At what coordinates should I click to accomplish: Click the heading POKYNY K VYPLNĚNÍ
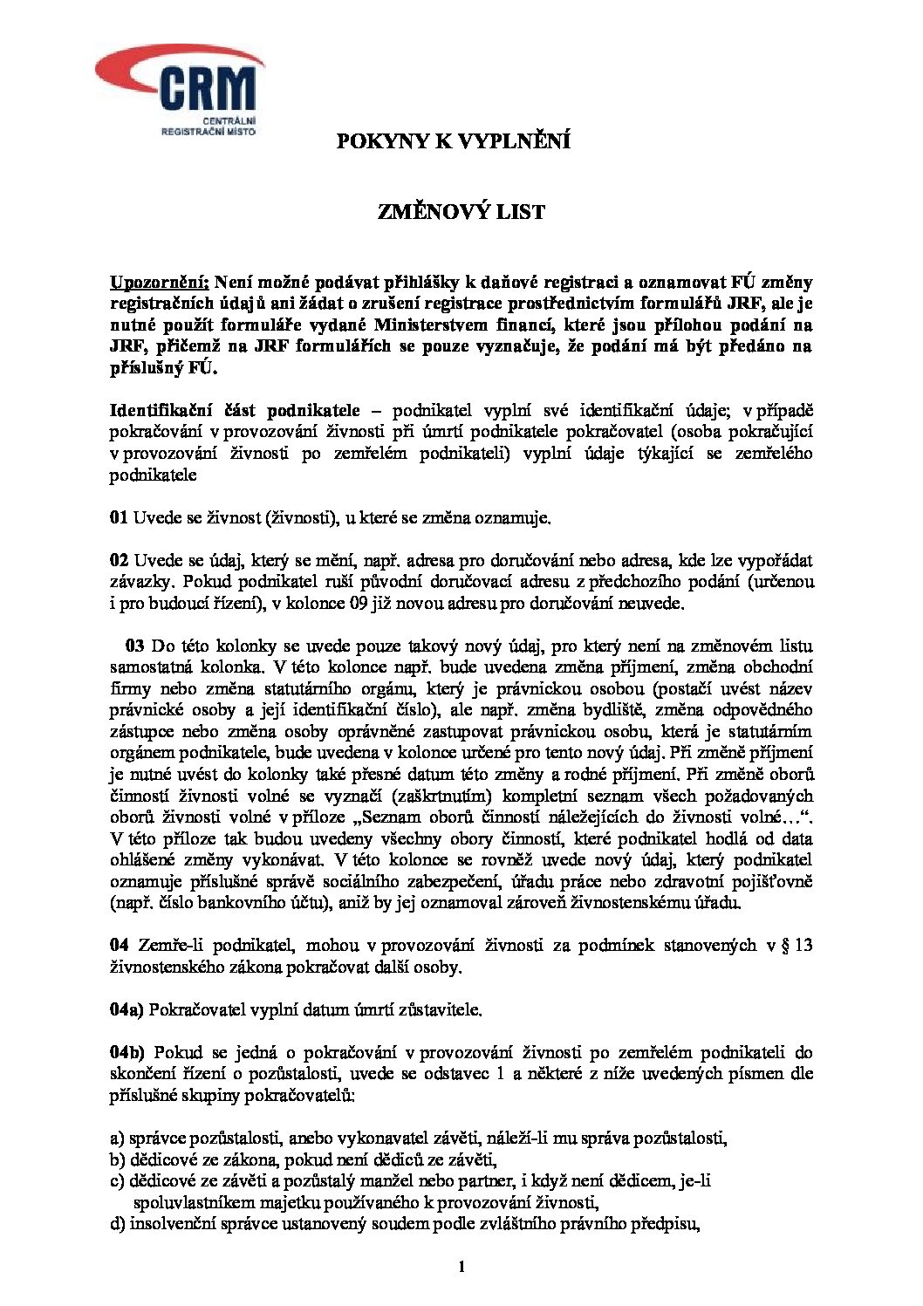[454, 141]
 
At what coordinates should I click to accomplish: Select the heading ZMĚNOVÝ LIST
[461, 212]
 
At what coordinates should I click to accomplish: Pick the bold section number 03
[134, 646]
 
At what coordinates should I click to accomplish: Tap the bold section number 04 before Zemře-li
[119, 946]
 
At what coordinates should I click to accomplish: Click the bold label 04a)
[126, 1009]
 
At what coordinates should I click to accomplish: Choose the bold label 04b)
[127, 1052]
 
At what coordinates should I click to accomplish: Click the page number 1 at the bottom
[461, 1267]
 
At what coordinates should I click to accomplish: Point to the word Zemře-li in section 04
[167, 946]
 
